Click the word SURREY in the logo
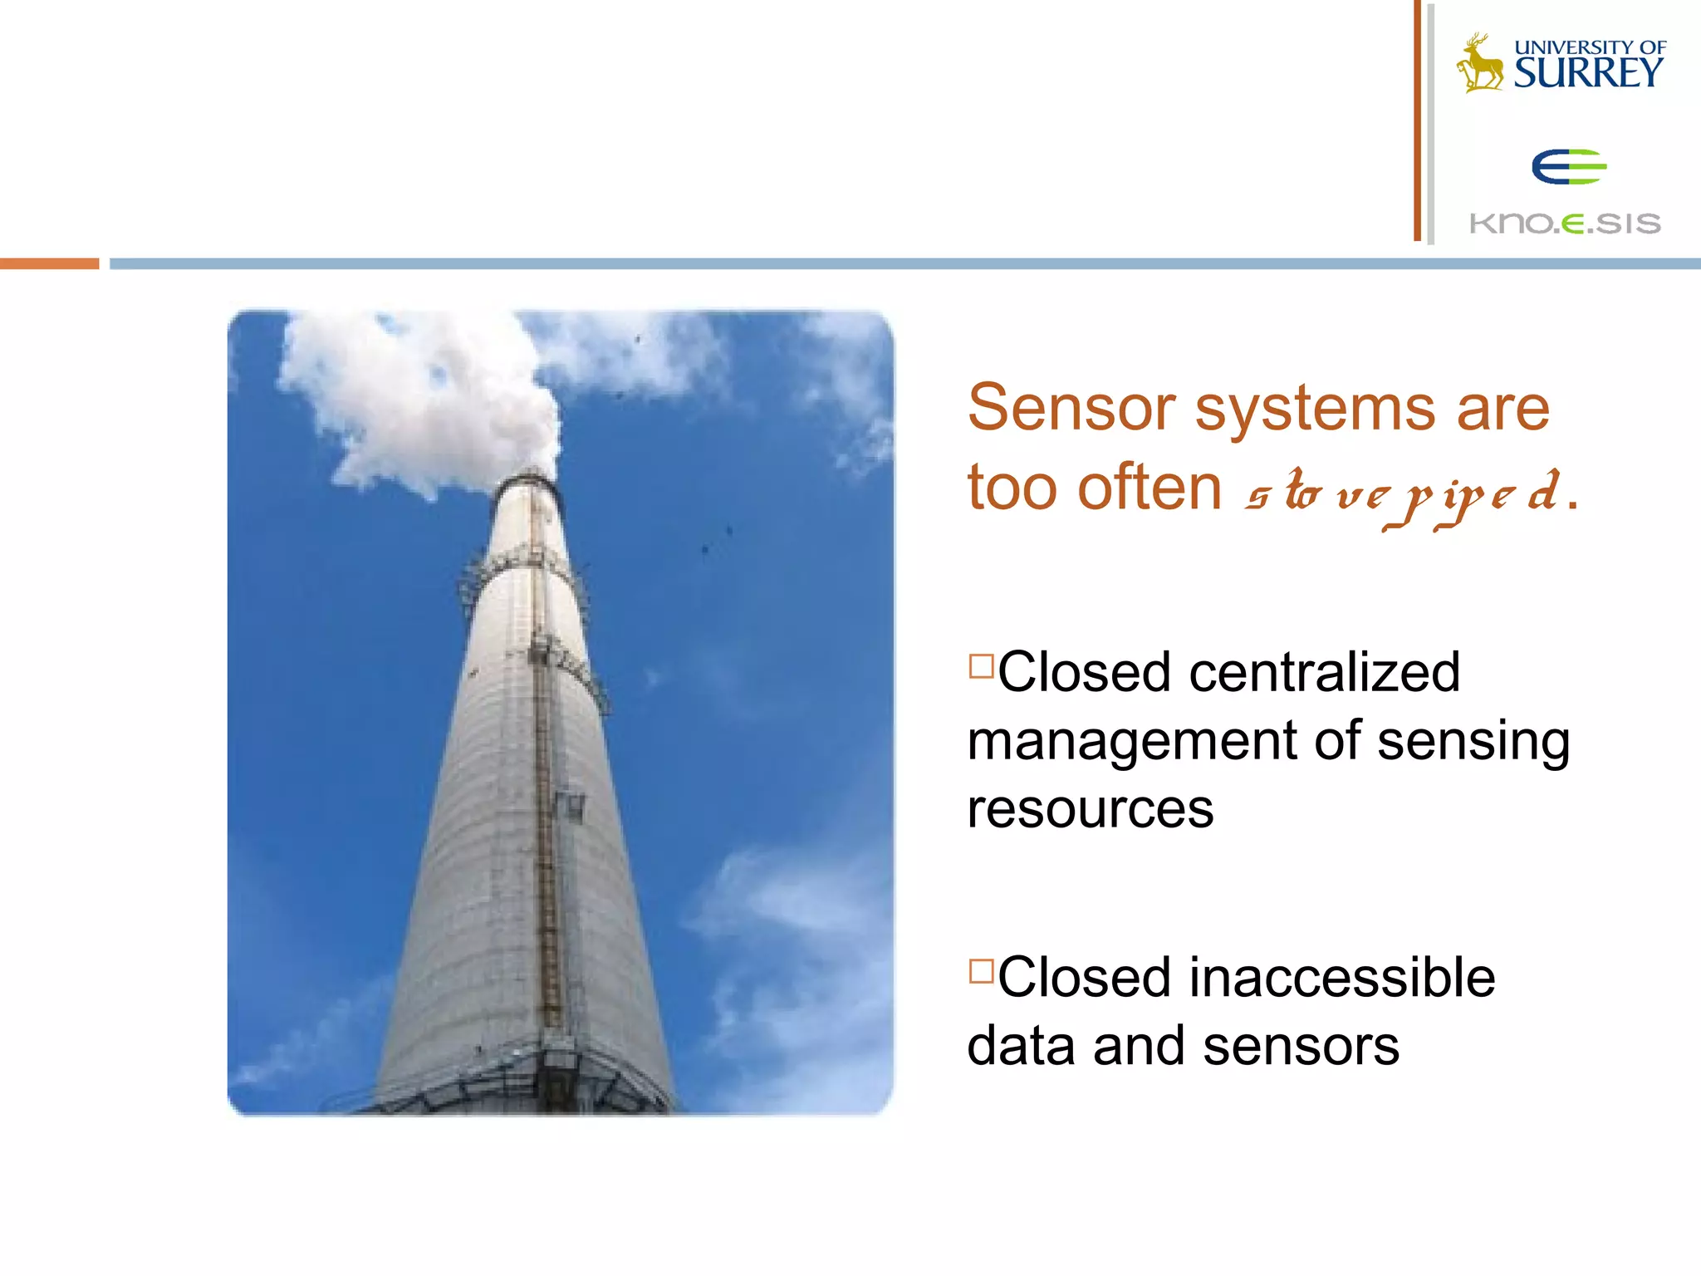[x=1587, y=73]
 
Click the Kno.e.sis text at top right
[x=1565, y=223]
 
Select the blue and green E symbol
[x=1568, y=167]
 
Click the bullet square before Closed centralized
[x=981, y=665]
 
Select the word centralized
[x=1324, y=672]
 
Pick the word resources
[x=1090, y=809]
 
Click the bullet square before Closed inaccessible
[x=981, y=970]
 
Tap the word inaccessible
[x=1342, y=978]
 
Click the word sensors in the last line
[x=1301, y=1046]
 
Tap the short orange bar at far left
[x=49, y=263]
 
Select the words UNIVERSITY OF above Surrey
[x=1590, y=47]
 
